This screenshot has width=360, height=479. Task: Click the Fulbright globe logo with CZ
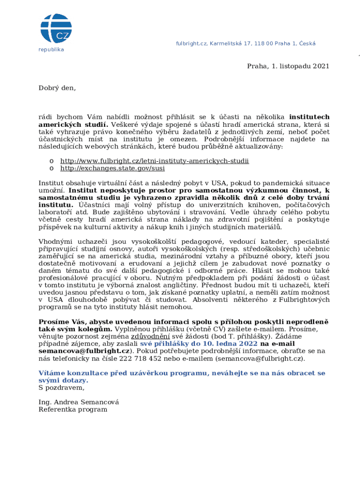click(x=56, y=29)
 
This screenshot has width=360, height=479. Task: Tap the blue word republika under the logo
click(x=51, y=50)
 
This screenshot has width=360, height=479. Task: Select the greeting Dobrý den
click(x=57, y=87)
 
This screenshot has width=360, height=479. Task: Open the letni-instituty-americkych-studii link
click(x=155, y=161)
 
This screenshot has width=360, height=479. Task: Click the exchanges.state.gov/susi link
click(x=113, y=168)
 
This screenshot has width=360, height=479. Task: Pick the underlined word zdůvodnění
click(x=150, y=336)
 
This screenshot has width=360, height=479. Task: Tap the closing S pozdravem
click(x=61, y=387)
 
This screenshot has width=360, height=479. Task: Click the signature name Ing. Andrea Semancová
click(x=79, y=402)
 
